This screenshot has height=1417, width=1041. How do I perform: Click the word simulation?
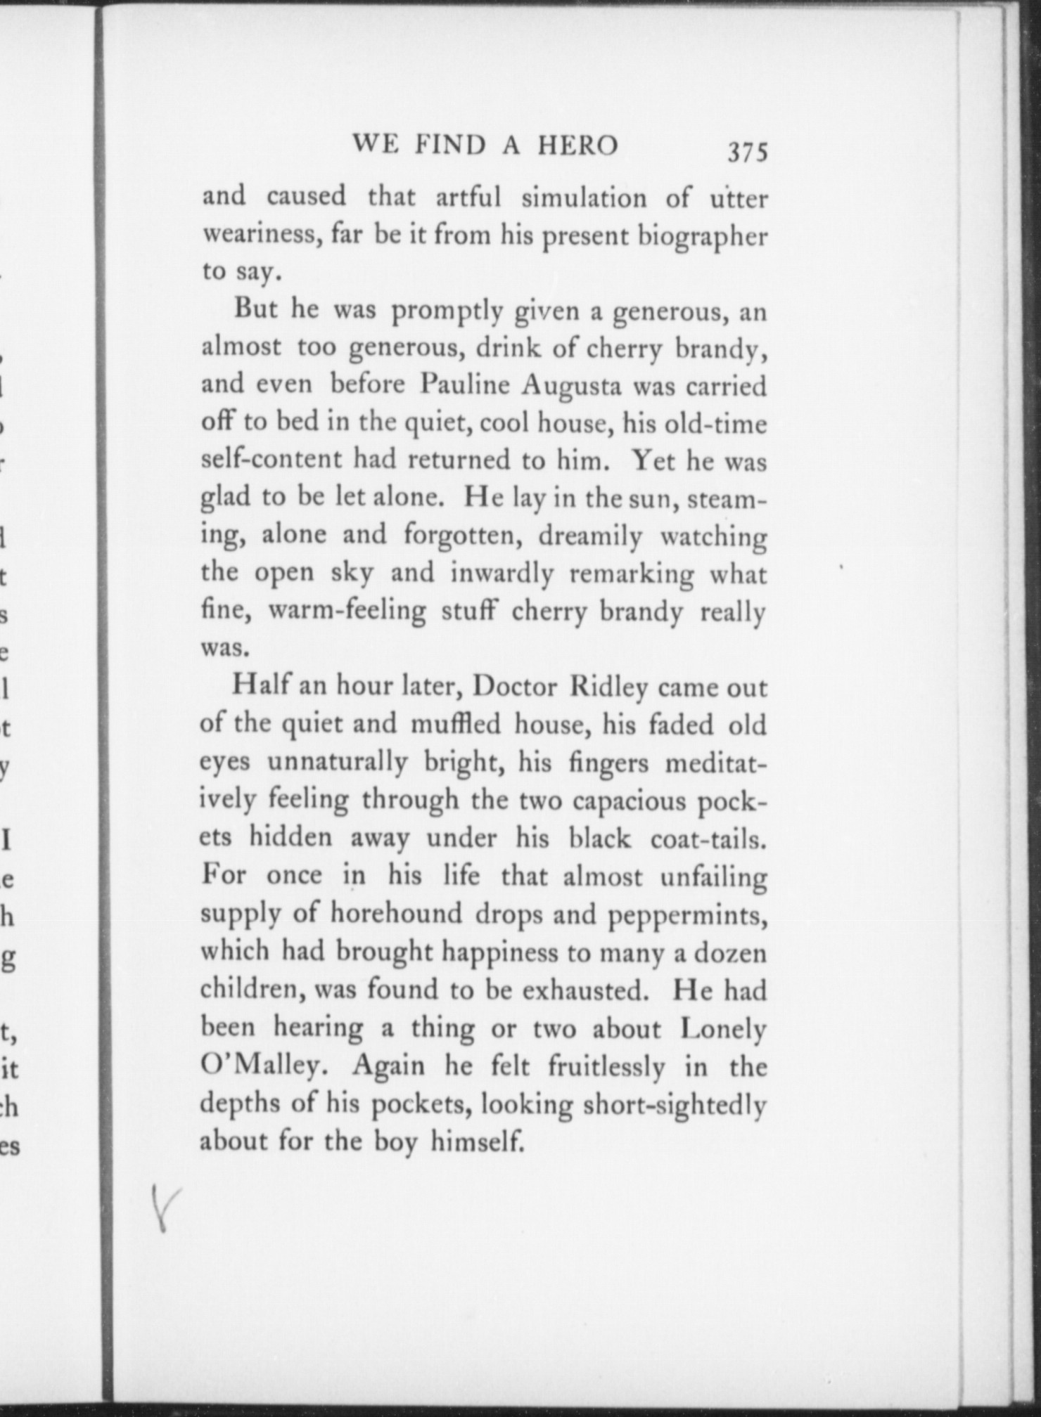[584, 198]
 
